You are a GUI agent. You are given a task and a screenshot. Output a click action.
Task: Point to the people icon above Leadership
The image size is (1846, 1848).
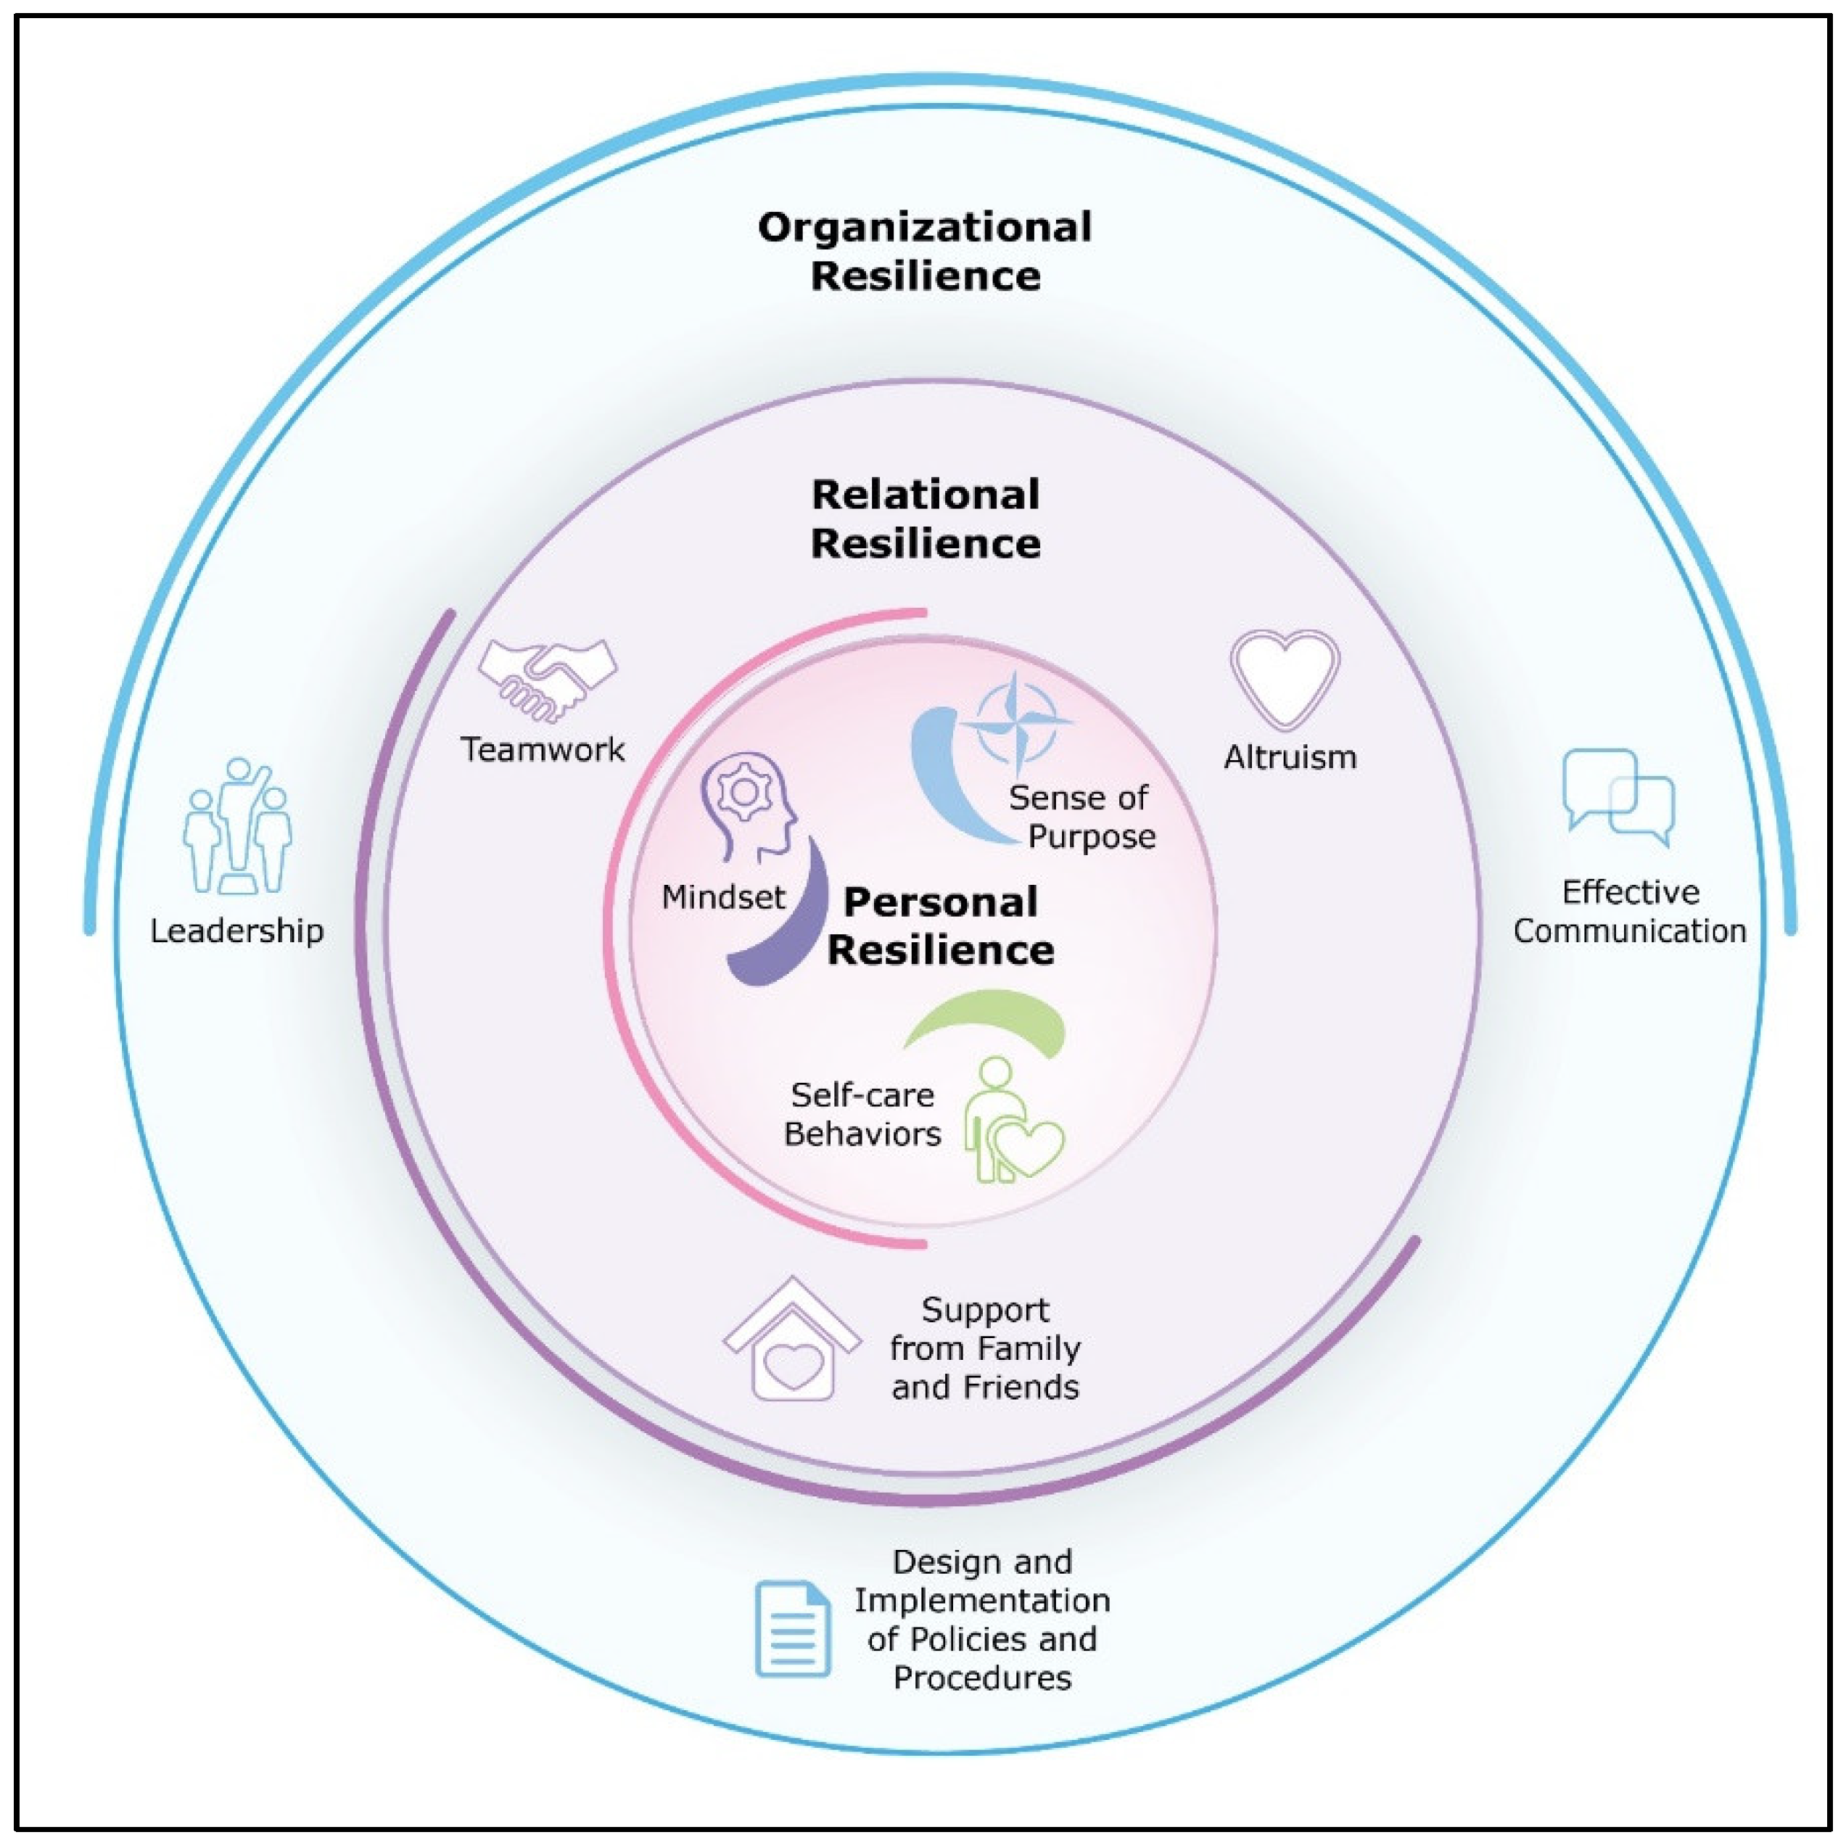coord(237,828)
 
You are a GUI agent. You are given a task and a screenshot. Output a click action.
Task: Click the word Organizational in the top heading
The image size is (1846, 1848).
coord(924,228)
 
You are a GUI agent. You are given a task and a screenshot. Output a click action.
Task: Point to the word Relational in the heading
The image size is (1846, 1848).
coord(925,495)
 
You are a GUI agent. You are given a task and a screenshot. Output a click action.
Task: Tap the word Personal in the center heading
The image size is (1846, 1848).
coord(940,902)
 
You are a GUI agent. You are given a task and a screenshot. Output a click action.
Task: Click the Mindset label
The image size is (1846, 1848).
coord(723,897)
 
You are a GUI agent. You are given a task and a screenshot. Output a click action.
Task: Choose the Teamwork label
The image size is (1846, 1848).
coord(543,750)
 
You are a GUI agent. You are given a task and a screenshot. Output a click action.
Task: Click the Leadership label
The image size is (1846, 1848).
coord(237,931)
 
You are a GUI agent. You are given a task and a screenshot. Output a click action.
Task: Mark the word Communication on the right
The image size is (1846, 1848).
coord(1629,931)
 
